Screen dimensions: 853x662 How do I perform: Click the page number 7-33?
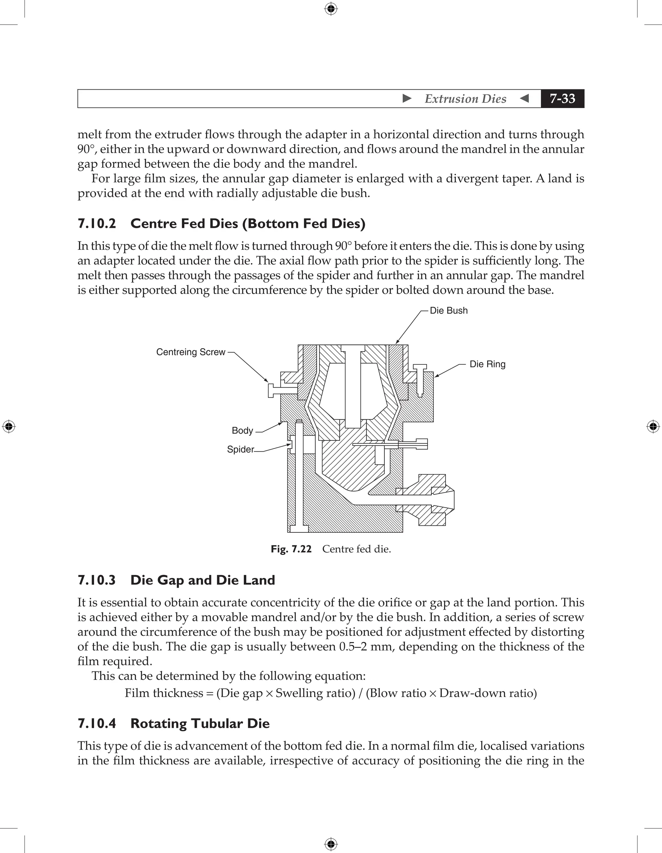(562, 98)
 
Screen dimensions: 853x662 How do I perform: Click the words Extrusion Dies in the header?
(465, 99)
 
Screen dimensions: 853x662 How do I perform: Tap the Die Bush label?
(449, 311)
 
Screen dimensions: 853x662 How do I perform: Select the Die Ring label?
(487, 364)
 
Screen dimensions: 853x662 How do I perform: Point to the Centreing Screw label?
(191, 352)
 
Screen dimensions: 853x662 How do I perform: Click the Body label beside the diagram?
(242, 430)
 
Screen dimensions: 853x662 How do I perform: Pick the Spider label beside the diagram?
(240, 449)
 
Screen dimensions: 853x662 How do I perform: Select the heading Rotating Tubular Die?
(200, 723)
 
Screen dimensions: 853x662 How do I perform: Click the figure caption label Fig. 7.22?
(291, 549)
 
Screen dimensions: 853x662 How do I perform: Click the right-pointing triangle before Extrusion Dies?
(407, 98)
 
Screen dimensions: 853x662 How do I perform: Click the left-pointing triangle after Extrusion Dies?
(525, 98)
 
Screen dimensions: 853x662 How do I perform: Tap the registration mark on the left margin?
(9, 426)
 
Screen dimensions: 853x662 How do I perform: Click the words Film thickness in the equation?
(164, 693)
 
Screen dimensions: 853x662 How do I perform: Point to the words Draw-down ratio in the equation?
(488, 693)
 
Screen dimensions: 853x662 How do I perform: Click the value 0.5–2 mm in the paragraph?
(367, 647)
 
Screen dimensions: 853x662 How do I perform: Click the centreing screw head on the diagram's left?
(271, 390)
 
